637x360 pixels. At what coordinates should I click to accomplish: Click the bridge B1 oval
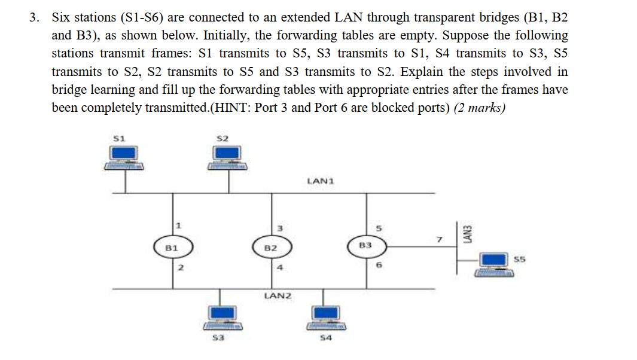[x=170, y=246]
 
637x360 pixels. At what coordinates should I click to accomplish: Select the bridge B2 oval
[x=270, y=248]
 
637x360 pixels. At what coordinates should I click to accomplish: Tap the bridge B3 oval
[x=366, y=245]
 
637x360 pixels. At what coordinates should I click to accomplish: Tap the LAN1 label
[x=319, y=180]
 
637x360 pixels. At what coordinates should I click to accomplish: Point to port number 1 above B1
[x=178, y=225]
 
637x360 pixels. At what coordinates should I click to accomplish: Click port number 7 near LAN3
[x=438, y=239]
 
